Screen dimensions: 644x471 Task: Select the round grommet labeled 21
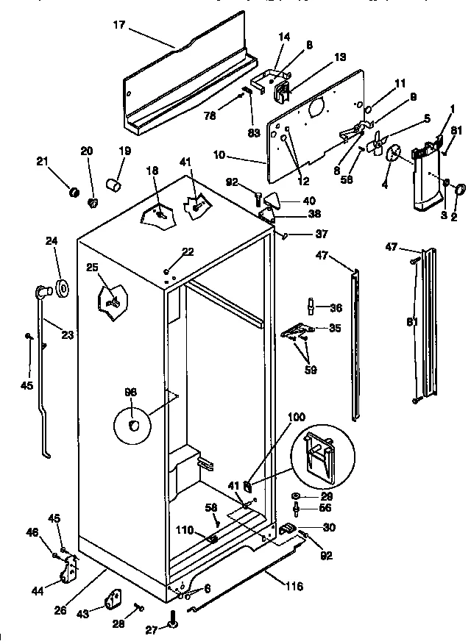click(x=74, y=193)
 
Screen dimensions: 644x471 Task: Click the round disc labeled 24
click(x=62, y=289)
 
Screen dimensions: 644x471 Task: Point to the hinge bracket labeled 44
click(x=71, y=570)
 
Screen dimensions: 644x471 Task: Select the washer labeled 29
click(x=296, y=497)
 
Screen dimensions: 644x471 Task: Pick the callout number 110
click(x=185, y=529)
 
